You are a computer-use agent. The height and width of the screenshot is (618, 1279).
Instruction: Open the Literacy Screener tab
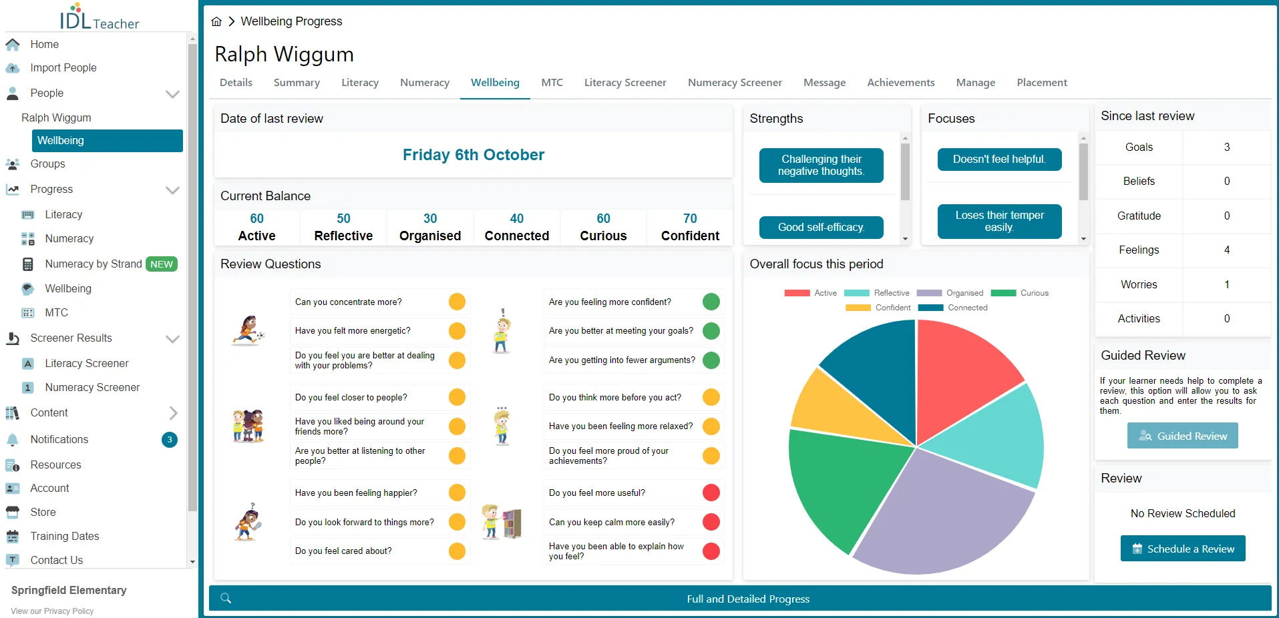625,83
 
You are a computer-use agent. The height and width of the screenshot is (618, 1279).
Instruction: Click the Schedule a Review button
1183,549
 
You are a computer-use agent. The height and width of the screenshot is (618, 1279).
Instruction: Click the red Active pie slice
962,374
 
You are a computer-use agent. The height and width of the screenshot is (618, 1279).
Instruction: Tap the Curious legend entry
1020,293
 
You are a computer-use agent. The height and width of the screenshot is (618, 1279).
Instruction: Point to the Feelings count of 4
1227,250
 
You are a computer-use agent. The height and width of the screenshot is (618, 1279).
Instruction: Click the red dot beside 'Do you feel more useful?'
711,493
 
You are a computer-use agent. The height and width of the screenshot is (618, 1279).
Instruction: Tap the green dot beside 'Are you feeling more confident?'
711,302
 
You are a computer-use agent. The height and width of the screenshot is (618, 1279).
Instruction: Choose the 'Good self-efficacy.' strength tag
821,228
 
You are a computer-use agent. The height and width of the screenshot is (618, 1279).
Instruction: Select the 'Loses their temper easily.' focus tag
999,221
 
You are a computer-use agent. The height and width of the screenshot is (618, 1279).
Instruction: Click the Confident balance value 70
690,219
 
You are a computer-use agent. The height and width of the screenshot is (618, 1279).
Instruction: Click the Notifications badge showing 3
170,440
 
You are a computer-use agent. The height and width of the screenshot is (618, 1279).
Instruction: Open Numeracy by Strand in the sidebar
94,264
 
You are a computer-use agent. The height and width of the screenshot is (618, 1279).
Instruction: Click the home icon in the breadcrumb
216,21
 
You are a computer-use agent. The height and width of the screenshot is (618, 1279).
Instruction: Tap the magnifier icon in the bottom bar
226,598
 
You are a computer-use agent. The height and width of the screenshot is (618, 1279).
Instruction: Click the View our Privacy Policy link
52,611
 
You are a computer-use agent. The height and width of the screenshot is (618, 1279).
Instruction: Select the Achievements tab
901,83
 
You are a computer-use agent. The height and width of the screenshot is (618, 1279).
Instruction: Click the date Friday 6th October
474,155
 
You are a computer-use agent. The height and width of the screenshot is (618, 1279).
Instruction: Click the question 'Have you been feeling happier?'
356,493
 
